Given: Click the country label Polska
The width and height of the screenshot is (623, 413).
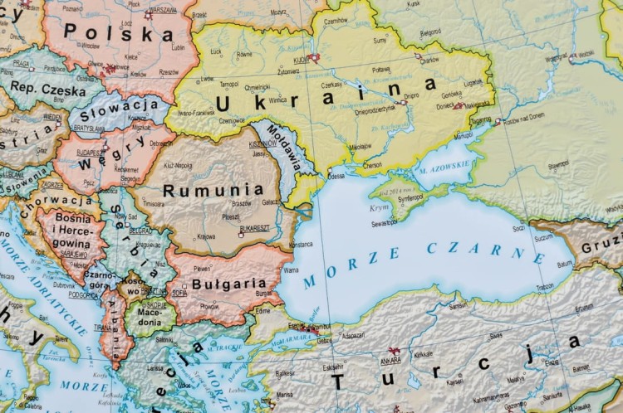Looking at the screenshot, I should point(118,34).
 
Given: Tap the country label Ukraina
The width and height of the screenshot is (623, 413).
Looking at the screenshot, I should point(325,94).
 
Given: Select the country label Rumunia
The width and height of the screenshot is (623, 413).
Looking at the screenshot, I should point(201,190).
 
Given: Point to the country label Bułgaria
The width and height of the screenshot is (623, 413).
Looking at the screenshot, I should point(229,283).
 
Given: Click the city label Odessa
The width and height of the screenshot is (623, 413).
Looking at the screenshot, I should point(336,176).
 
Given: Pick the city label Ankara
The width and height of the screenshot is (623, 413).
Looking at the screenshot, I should point(390,361).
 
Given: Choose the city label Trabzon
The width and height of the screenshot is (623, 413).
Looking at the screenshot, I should point(545,287).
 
